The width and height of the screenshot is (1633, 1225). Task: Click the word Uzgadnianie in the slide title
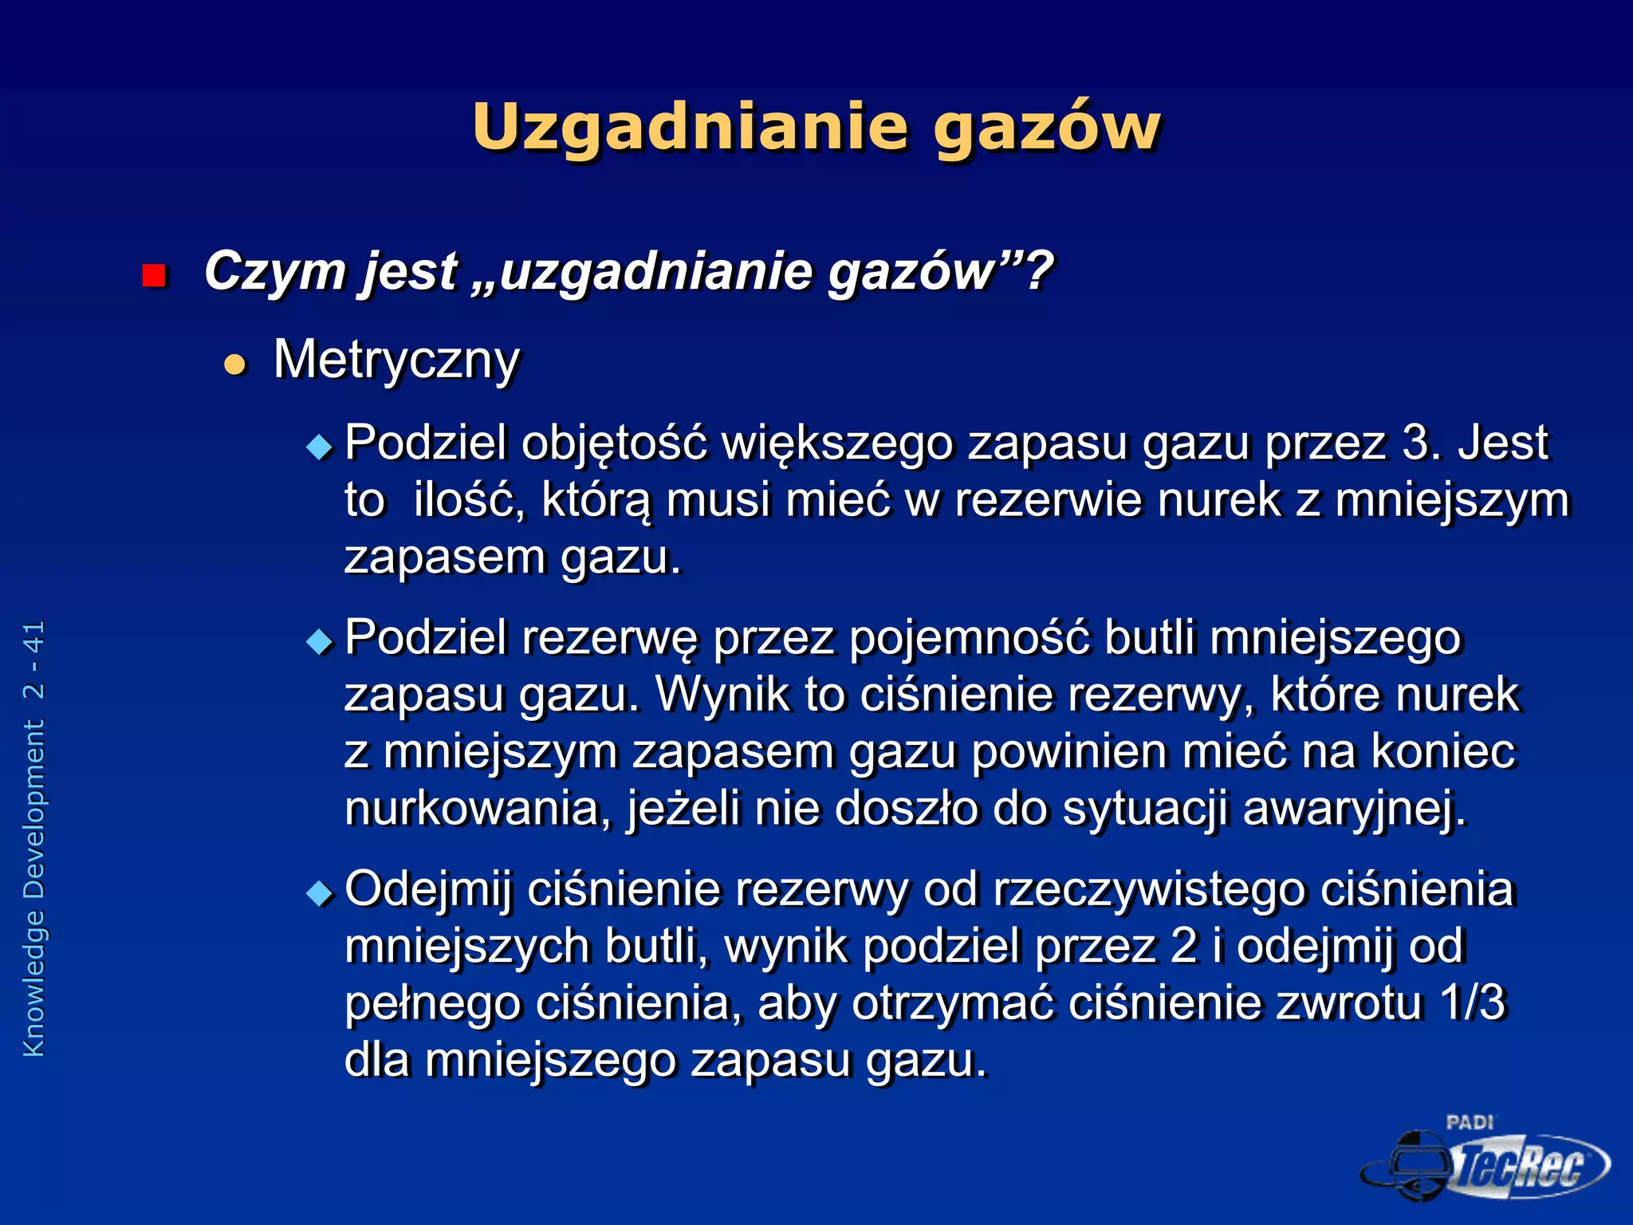tap(691, 128)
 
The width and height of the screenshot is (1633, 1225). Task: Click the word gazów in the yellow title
tap(1047, 128)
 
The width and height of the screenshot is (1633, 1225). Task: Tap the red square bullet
tap(154, 276)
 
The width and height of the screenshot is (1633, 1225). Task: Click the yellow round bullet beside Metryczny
tap(235, 364)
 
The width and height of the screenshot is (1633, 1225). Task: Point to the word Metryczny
tap(396, 360)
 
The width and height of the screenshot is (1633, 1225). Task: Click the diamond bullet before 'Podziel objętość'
tap(320, 447)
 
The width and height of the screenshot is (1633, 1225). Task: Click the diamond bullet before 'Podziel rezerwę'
tap(320, 641)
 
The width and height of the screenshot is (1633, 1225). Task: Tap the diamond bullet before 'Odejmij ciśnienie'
tap(320, 892)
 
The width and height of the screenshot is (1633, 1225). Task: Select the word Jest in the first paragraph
tap(1503, 443)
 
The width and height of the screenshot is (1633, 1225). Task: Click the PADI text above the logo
tap(1470, 1123)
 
